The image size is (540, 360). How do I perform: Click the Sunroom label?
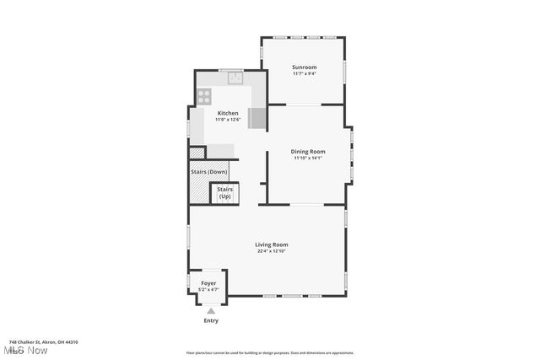(304, 67)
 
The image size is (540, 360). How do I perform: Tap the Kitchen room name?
(228, 113)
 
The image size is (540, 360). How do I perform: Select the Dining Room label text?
(308, 152)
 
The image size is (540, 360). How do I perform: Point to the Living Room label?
(272, 244)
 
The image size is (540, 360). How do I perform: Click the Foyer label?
(208, 283)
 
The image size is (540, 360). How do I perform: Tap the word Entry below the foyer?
(211, 320)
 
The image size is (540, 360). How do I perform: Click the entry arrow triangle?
(211, 311)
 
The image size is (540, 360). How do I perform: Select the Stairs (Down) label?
(209, 172)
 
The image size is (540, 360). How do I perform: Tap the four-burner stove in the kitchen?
(203, 96)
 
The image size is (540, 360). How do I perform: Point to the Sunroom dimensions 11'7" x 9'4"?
(304, 73)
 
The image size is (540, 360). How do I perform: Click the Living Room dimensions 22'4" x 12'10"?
(272, 251)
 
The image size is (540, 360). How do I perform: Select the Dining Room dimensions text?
(308, 158)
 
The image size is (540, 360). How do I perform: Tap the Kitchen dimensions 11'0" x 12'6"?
(228, 120)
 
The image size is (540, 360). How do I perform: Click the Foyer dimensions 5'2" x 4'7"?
(208, 290)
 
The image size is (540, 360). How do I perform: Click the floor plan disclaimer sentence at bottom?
(270, 353)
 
